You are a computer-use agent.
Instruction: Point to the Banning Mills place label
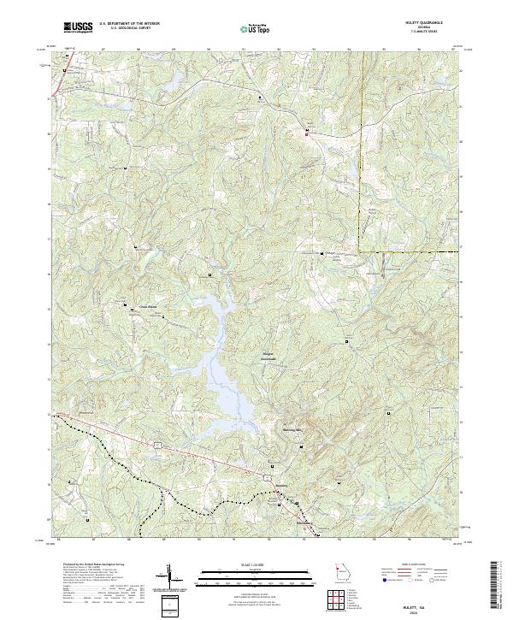tap(293, 430)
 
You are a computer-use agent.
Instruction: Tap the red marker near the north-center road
tap(307, 133)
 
